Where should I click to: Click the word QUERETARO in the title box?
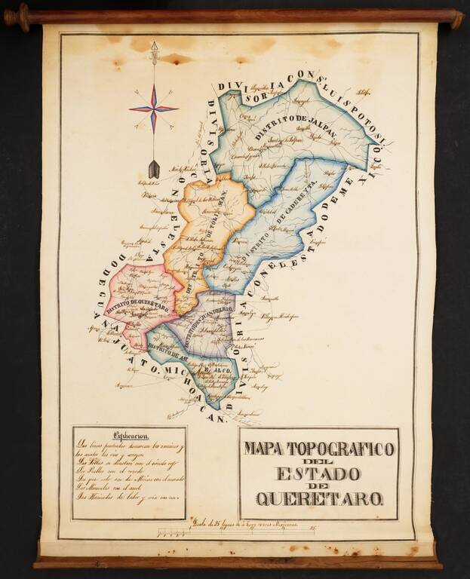[x=320, y=498]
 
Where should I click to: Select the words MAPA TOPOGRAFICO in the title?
[x=319, y=449]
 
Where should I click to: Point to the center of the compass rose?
[x=153, y=109]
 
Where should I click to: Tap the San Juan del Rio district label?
[x=202, y=326]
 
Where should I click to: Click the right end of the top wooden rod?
[x=454, y=17]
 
